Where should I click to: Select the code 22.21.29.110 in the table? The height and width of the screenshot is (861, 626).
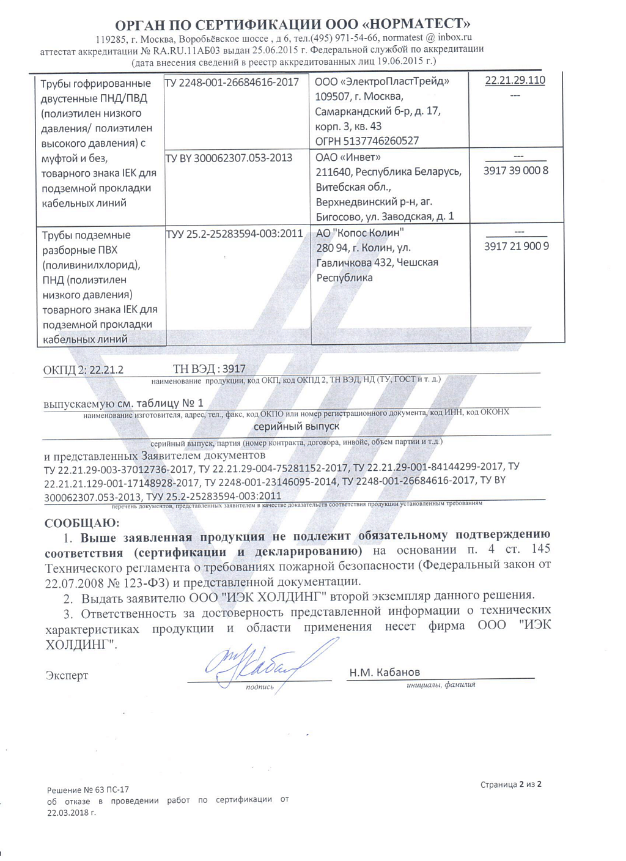tap(515, 81)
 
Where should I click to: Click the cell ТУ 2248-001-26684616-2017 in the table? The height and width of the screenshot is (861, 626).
tap(232, 82)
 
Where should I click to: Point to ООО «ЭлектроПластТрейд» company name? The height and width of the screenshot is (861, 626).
tap(382, 82)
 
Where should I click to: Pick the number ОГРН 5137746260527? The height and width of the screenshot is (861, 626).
tap(367, 141)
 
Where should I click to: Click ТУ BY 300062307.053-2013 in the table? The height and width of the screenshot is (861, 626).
tap(229, 158)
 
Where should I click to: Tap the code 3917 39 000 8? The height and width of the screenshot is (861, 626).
tap(516, 171)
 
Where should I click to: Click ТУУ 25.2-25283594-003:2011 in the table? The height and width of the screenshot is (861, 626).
tap(235, 234)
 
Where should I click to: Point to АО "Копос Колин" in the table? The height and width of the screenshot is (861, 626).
tap(360, 233)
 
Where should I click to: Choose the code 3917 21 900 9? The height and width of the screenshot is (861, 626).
tap(516, 246)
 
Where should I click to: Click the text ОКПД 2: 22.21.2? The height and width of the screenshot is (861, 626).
tap(83, 370)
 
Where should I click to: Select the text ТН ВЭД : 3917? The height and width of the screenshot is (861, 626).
tap(209, 369)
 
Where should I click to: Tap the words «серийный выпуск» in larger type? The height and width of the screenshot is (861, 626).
tap(296, 426)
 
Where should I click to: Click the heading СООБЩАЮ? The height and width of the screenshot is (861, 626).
tap(82, 523)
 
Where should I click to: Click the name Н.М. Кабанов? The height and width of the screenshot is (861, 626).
tap(385, 672)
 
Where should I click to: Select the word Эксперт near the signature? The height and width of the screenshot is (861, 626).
tap(67, 675)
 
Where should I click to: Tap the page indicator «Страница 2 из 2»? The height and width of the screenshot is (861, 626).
tap(510, 785)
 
